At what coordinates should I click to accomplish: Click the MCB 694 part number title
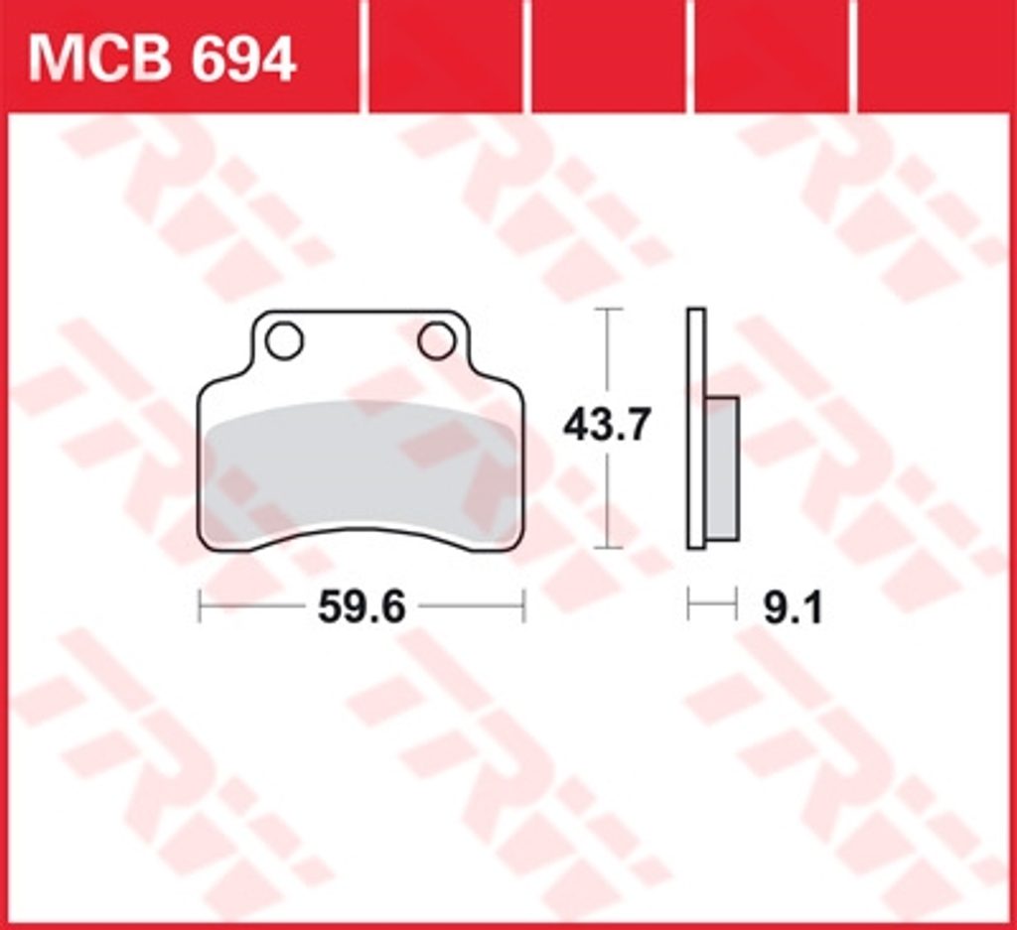click(x=162, y=60)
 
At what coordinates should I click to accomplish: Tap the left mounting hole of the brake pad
click(x=284, y=340)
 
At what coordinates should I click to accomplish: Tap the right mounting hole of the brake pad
click(x=437, y=340)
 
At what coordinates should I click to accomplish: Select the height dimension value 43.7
click(x=606, y=426)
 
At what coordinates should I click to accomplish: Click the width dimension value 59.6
click(x=362, y=607)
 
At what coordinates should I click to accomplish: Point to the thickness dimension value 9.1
click(x=793, y=608)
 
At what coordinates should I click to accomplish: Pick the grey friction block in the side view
click(x=722, y=467)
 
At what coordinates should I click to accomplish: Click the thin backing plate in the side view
click(x=696, y=429)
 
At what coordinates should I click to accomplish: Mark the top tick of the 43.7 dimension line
click(x=607, y=309)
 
